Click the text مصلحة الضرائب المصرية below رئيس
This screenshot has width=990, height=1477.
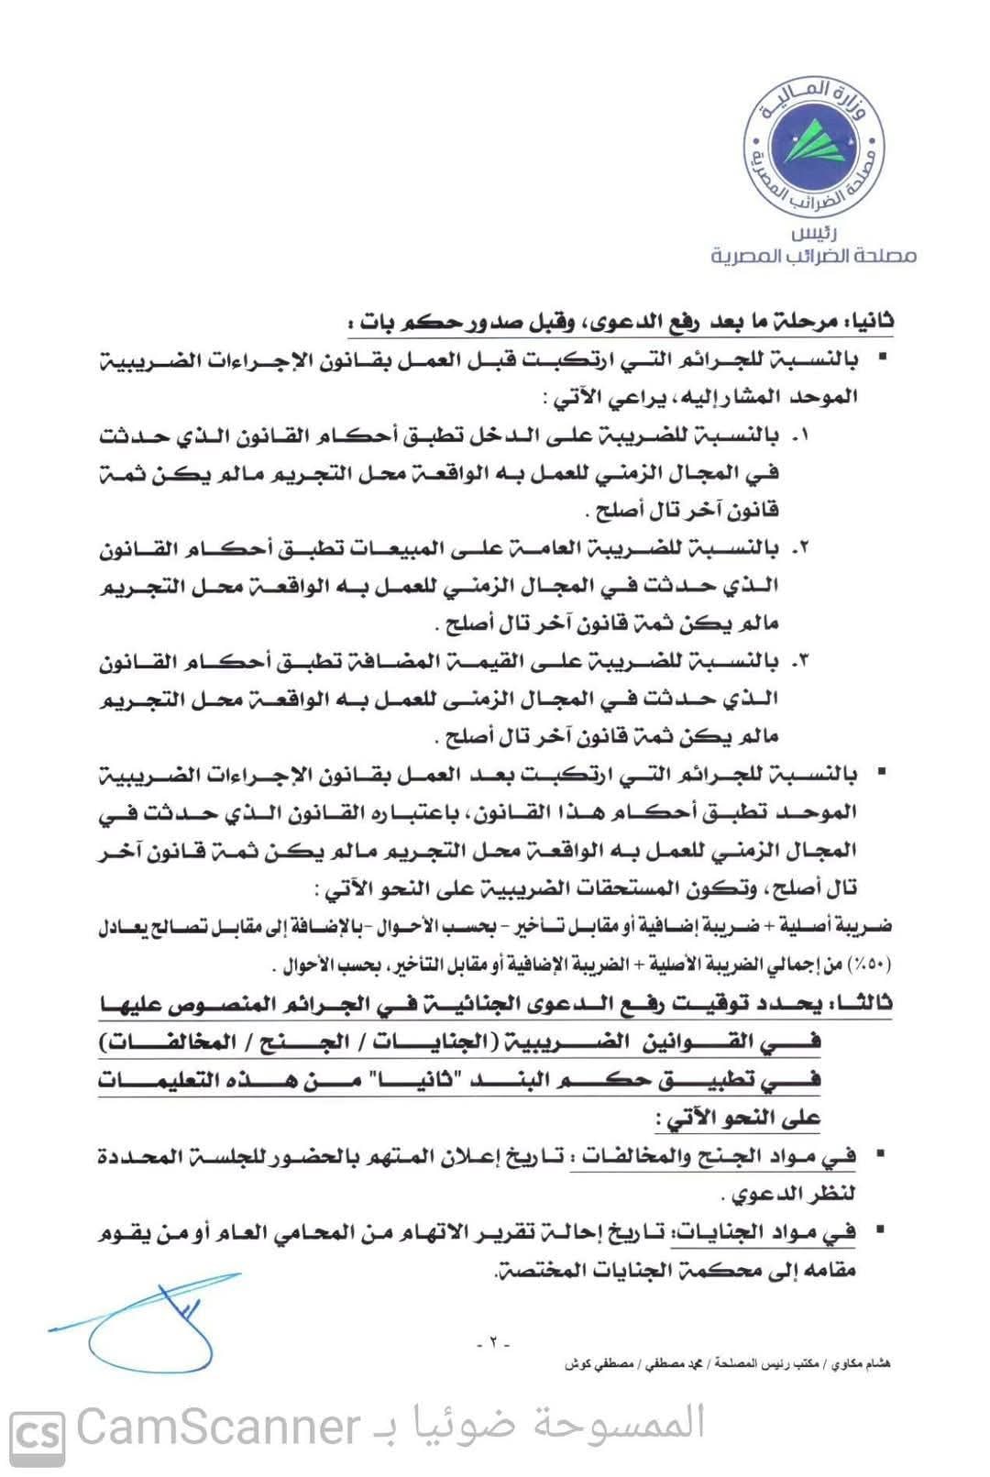(x=814, y=256)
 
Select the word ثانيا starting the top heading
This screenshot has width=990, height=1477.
(x=868, y=323)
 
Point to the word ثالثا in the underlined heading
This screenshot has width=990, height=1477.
(x=865, y=1005)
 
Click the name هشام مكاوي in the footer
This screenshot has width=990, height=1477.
(x=861, y=1364)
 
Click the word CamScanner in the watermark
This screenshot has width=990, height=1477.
(x=218, y=1427)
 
